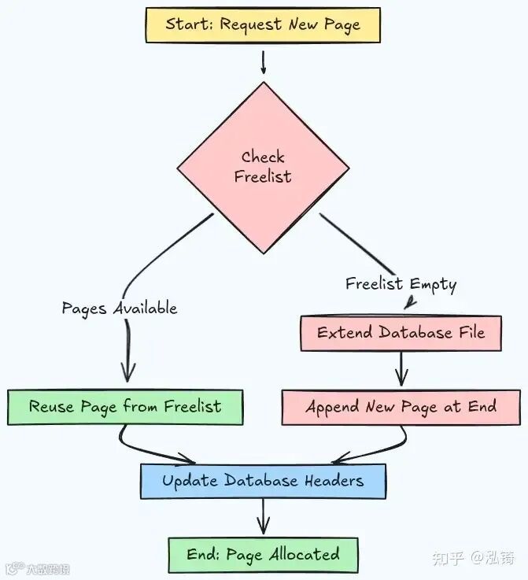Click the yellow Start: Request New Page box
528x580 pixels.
263,24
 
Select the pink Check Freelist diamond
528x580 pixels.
263,167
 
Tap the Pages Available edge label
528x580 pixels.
120,308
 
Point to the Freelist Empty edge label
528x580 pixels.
401,284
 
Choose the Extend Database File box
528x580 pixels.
401,332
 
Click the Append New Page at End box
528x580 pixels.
401,407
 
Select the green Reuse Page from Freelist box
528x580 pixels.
125,407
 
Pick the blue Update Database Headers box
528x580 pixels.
263,481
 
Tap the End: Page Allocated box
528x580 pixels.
263,554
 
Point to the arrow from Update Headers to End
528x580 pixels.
263,518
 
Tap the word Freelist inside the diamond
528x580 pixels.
263,177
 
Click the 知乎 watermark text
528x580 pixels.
449,558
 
